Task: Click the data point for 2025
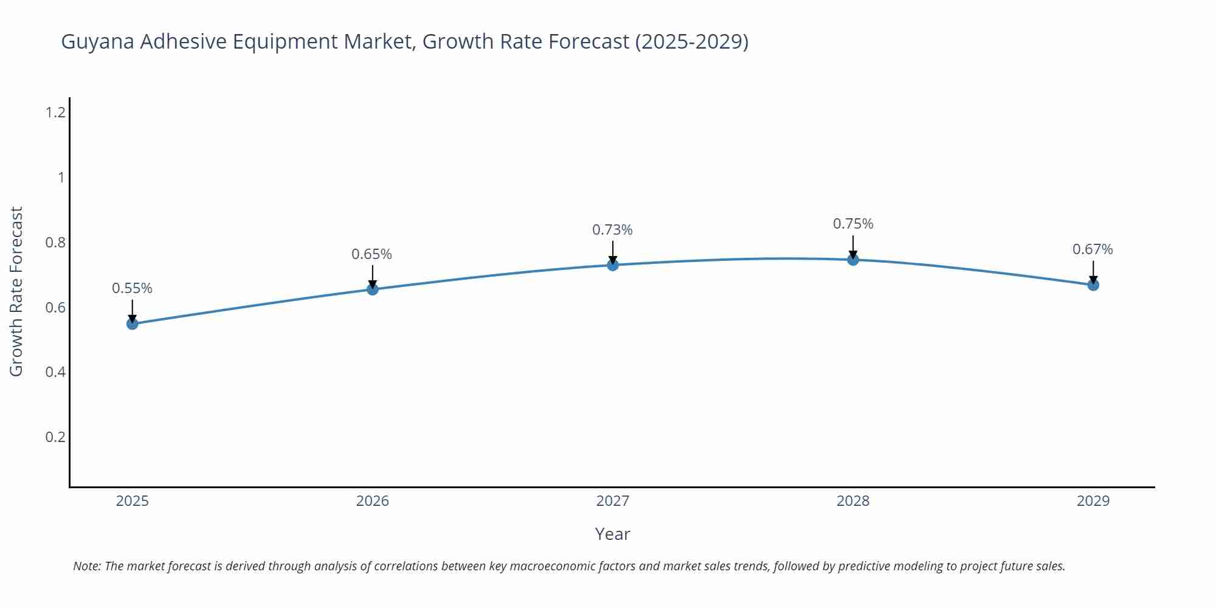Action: (132, 323)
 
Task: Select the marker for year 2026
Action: (373, 289)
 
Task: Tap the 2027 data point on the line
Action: (613, 265)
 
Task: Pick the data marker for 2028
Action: (853, 260)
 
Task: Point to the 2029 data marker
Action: (1093, 285)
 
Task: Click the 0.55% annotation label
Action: (132, 288)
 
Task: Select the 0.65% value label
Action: (371, 254)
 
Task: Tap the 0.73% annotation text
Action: (612, 230)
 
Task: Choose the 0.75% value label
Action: (853, 224)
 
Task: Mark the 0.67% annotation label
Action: (1093, 249)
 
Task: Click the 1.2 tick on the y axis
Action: (55, 112)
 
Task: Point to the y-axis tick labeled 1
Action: (61, 178)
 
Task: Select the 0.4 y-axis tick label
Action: (55, 372)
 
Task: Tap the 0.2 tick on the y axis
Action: (55, 437)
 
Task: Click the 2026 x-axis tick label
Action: (373, 501)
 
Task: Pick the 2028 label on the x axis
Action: (853, 501)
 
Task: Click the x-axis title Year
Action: (612, 534)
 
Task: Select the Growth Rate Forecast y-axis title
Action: (16, 291)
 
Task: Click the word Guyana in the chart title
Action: (98, 42)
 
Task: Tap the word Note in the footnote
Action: (87, 566)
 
